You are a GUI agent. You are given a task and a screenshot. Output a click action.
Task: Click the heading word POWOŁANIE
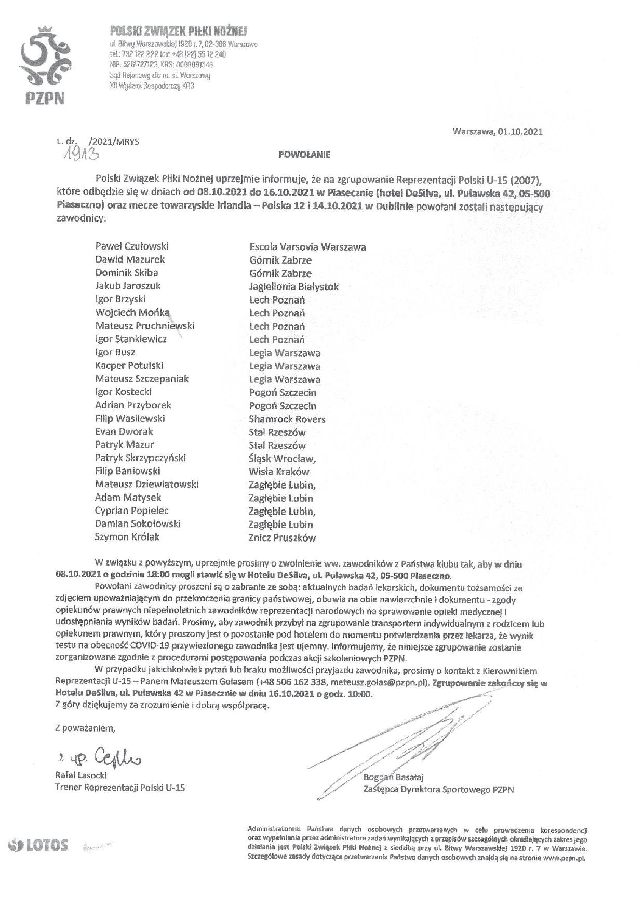pyautogui.click(x=304, y=154)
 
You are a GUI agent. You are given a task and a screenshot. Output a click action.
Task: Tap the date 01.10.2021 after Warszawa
pyautogui.click(x=519, y=131)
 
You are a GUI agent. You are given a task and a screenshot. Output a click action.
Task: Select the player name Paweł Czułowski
pyautogui.click(x=132, y=246)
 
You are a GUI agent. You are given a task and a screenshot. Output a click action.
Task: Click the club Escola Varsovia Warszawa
pyautogui.click(x=307, y=247)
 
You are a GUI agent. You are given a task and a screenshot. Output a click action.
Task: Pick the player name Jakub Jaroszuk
pyautogui.click(x=128, y=286)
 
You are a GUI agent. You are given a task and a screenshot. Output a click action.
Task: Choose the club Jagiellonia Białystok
pyautogui.click(x=294, y=286)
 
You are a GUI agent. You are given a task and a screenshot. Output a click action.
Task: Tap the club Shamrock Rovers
pyautogui.click(x=287, y=419)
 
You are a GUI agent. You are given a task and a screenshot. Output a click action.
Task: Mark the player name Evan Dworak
pyautogui.click(x=124, y=432)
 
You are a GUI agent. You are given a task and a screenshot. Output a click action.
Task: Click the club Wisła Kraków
pyautogui.click(x=279, y=472)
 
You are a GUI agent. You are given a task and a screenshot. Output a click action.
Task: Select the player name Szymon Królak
pyautogui.click(x=127, y=537)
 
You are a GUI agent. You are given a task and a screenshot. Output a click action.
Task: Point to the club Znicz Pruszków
pyautogui.click(x=282, y=538)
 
